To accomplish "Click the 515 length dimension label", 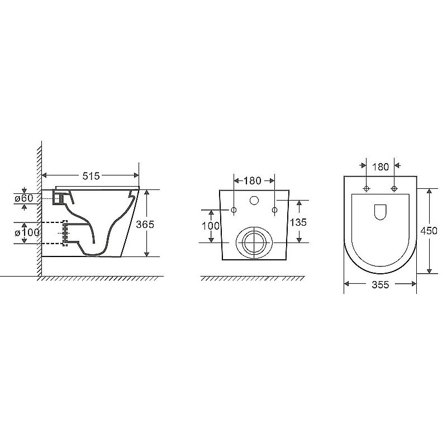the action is tap(91, 176).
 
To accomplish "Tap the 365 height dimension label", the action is tap(145, 225).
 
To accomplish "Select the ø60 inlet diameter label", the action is tap(23, 198).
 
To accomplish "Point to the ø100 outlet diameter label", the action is tap(27, 232).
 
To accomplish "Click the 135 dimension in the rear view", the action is tap(298, 222).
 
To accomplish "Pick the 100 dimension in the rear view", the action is tap(211, 226).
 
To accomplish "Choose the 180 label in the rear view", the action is tap(253, 180).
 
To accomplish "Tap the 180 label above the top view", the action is tap(381, 167).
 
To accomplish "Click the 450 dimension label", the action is tap(429, 230).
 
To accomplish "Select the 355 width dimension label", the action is tap(381, 284).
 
